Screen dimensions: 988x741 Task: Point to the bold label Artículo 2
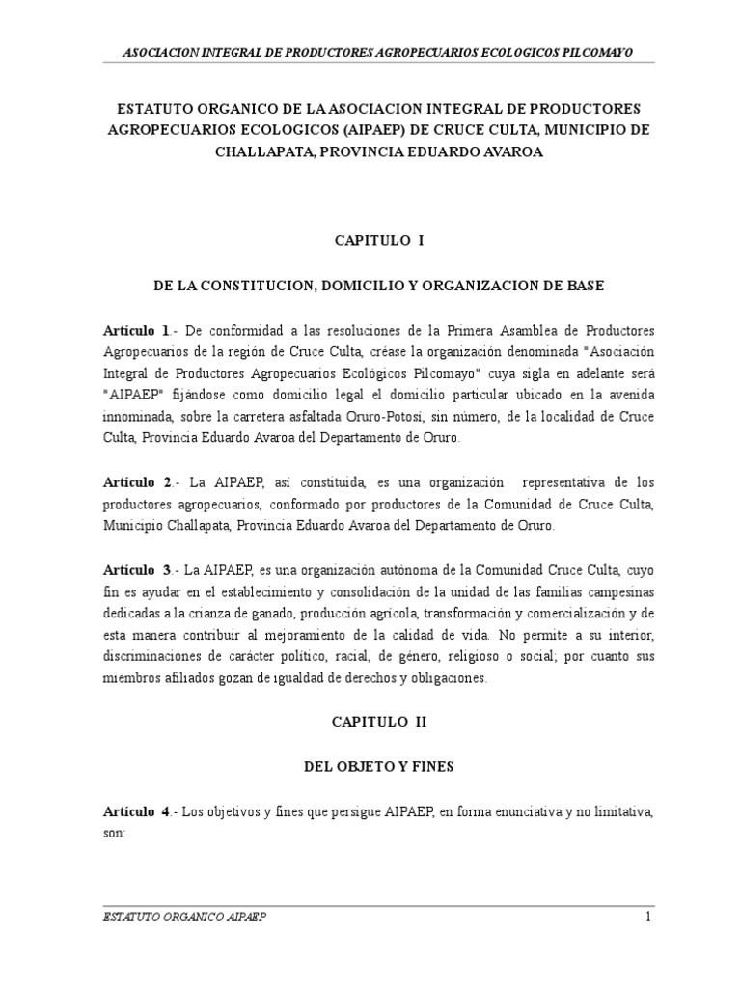137,481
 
